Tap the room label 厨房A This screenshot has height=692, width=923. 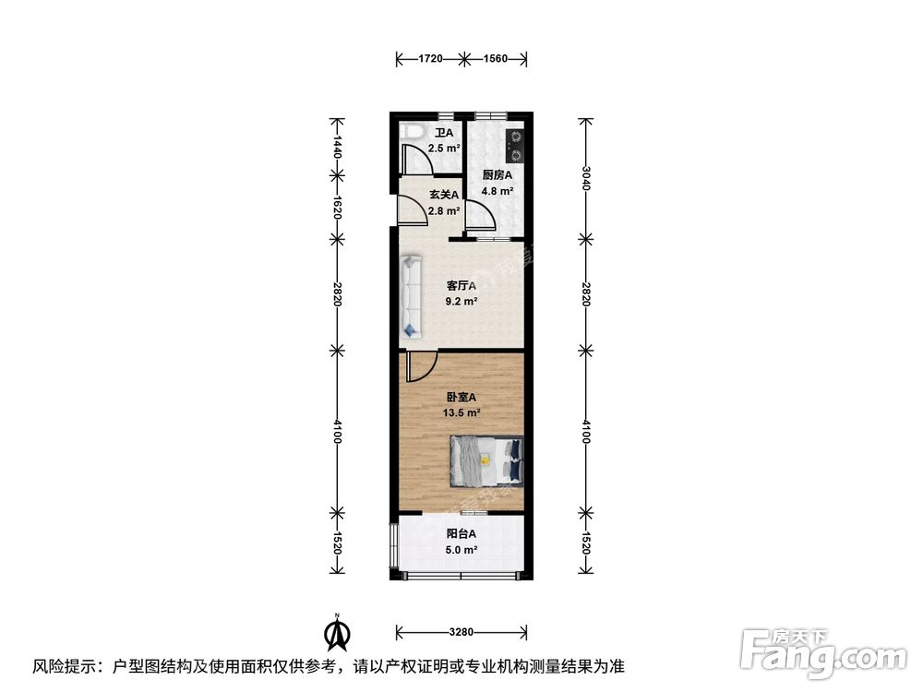point(497,175)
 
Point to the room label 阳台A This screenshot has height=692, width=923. point(461,534)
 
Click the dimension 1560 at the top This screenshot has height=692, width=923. point(496,59)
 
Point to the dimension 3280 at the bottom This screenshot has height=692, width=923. point(461,632)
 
